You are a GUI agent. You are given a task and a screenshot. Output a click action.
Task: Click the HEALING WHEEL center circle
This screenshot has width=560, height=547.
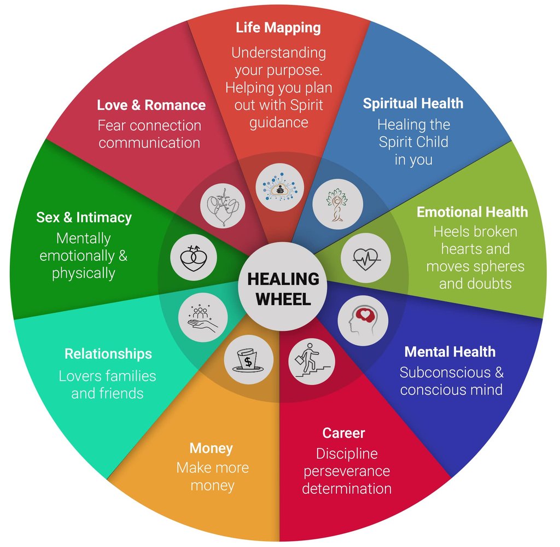[x=283, y=288]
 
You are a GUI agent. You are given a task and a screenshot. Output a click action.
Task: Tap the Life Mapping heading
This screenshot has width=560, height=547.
[x=278, y=27]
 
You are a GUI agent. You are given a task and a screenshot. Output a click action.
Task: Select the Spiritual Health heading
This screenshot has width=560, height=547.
[x=413, y=103]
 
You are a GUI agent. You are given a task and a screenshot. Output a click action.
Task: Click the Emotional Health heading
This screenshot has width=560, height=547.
[x=472, y=212]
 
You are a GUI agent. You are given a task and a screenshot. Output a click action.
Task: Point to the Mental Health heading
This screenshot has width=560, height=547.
[x=450, y=352]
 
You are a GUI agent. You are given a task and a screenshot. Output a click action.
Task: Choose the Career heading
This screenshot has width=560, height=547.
[x=343, y=434]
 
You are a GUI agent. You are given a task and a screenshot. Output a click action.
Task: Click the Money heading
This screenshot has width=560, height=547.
[x=211, y=449]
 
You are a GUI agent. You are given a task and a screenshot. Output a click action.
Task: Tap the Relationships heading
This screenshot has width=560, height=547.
[x=108, y=354]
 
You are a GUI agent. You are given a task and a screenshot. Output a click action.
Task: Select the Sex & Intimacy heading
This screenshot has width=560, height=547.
[x=84, y=217]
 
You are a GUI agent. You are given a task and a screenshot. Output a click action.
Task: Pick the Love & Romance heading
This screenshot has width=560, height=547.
[x=151, y=105]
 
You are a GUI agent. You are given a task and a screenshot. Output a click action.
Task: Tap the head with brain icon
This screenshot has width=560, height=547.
[x=363, y=321]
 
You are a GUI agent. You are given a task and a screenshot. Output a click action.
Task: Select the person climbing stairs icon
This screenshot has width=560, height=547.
[x=311, y=360]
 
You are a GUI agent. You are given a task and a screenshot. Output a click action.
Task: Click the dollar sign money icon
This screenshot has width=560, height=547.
[x=248, y=359]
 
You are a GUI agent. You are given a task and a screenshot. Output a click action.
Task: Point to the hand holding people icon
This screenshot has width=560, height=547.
[x=203, y=318]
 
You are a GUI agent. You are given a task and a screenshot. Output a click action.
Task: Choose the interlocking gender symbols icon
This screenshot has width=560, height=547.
[x=194, y=255]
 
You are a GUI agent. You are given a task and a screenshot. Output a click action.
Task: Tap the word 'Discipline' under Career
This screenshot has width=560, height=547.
[x=346, y=453]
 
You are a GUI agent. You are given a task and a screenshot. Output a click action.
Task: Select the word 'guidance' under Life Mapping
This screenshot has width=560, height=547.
[x=278, y=123]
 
